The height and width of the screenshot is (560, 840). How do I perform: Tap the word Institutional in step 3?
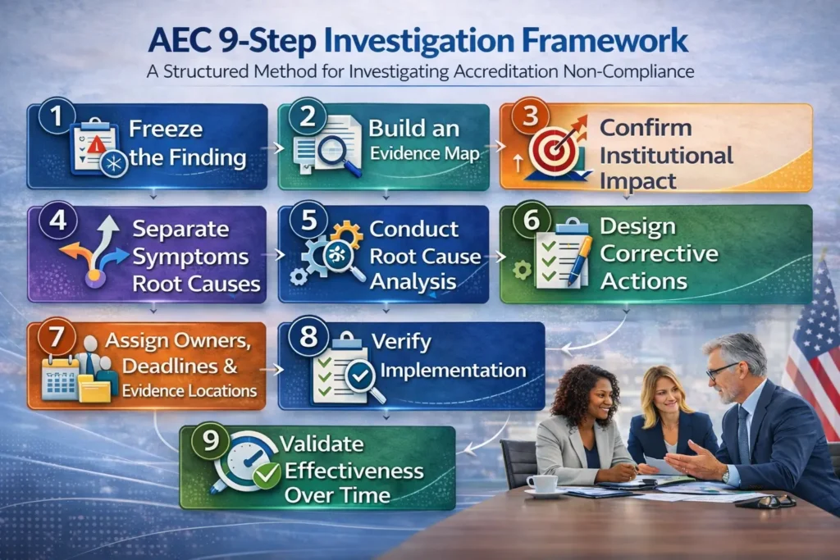tap(665, 155)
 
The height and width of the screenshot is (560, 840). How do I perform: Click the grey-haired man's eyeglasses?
tap(722, 370)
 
